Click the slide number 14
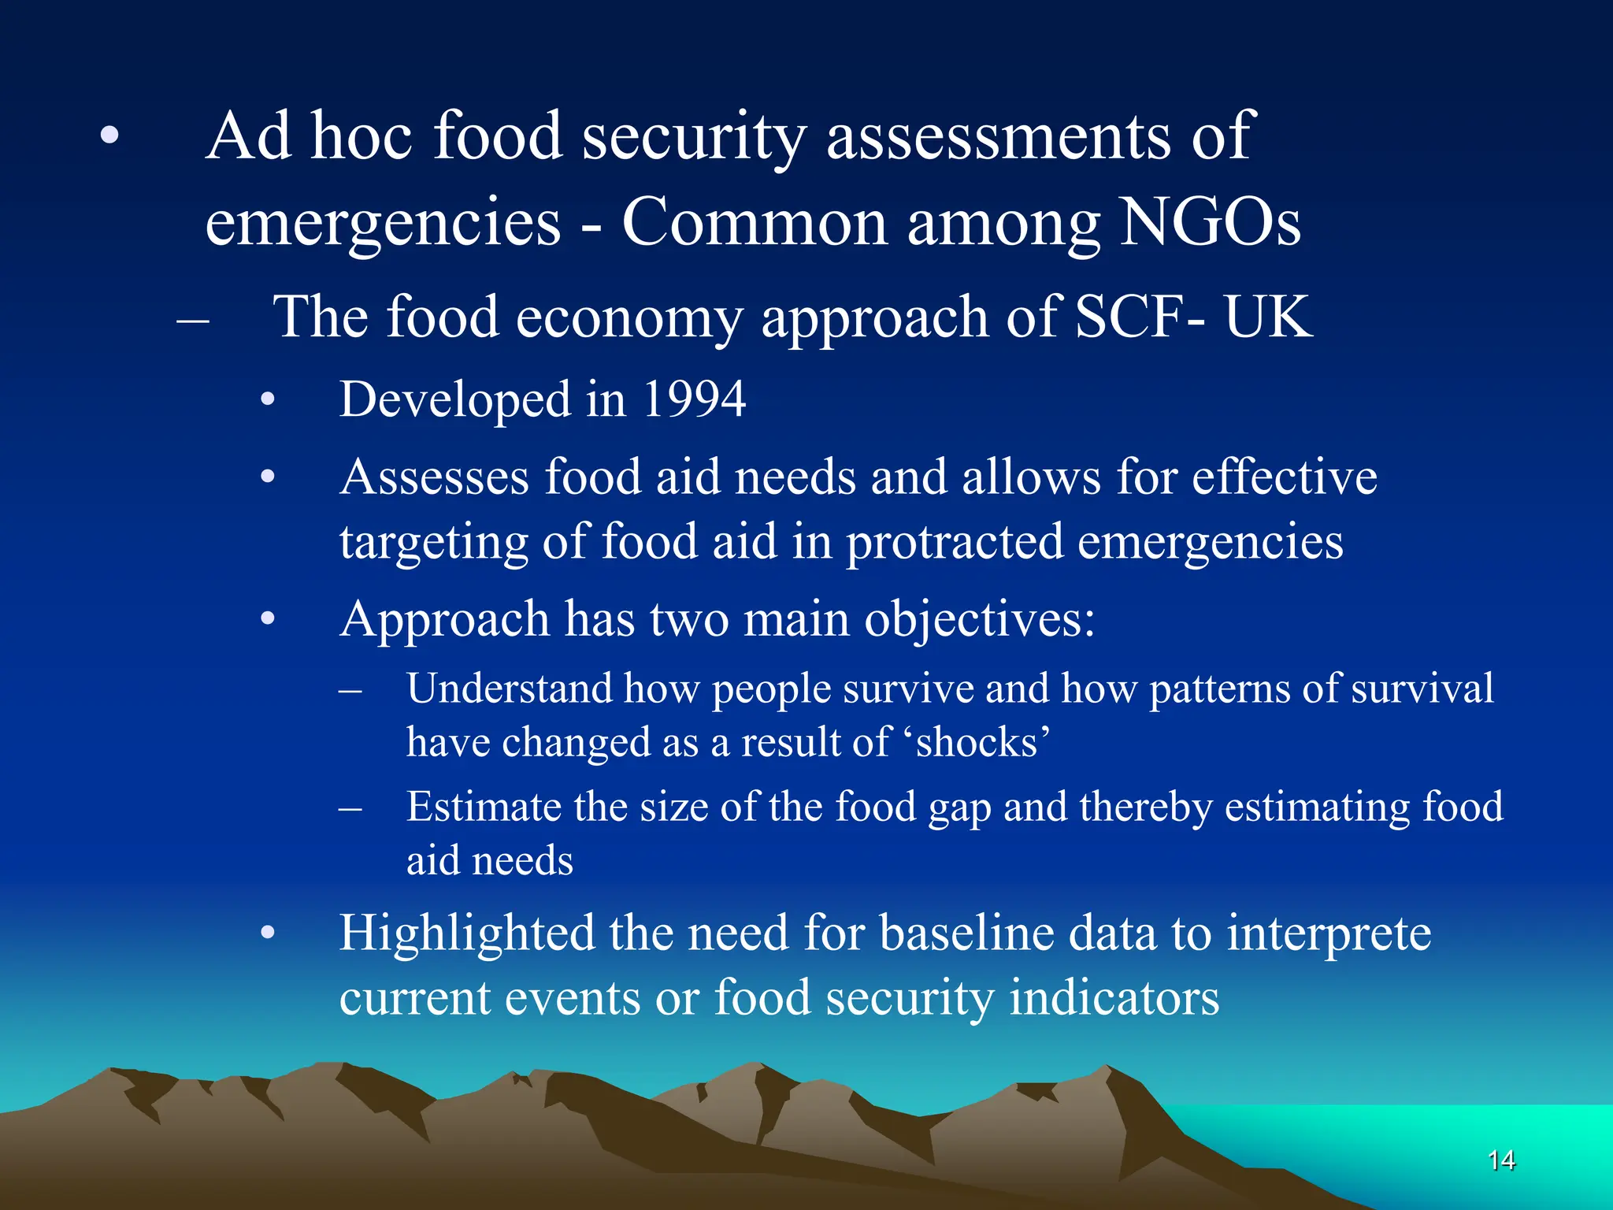pos(1501,1160)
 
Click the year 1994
pos(694,399)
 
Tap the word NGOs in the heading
pos(1210,223)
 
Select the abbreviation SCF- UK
pos(1193,317)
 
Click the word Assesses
pos(435,477)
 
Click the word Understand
pos(509,689)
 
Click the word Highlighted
pos(467,933)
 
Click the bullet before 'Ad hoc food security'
pos(109,136)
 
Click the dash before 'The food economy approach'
pos(193,319)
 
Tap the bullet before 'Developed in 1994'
pos(268,400)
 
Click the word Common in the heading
pos(755,223)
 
